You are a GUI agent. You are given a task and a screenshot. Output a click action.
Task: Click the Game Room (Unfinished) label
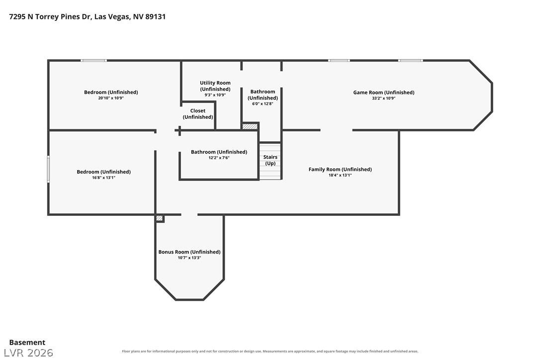coord(384,92)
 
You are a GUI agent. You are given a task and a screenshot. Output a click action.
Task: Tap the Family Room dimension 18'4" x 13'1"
coord(340,175)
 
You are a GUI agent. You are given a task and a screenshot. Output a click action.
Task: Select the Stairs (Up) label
coord(270,160)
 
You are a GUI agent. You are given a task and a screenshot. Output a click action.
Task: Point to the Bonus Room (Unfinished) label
coord(189,252)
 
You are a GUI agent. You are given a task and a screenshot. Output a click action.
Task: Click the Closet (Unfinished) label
coord(198,114)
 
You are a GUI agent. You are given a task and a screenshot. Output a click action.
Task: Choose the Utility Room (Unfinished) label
coord(215,86)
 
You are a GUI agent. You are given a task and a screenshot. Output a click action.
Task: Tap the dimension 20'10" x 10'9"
coord(111,98)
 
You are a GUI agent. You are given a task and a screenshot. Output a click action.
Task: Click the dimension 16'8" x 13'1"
coord(103,178)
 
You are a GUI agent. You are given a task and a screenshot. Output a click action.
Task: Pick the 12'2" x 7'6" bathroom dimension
coord(219,158)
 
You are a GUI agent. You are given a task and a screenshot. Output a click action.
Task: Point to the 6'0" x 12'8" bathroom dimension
coord(263,104)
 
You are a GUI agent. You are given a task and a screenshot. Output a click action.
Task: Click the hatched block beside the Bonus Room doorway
coord(160,218)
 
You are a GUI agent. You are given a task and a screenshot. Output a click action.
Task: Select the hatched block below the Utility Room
coord(250,126)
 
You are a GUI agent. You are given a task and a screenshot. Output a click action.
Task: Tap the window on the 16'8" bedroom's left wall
coord(48,169)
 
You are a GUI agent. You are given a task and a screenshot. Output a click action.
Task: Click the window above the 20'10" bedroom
coord(93,61)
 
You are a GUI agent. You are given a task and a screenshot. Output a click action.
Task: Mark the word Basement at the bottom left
coord(27,343)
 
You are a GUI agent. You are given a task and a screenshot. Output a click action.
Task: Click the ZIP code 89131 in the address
coord(155,16)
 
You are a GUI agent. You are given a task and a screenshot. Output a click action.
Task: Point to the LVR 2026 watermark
coord(28,353)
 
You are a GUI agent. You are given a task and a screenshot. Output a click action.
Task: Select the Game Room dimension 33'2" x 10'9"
coord(384,98)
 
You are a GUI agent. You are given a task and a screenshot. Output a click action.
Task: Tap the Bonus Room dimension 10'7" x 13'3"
coord(189,258)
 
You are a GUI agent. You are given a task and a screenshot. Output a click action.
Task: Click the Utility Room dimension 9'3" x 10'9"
coord(215,95)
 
